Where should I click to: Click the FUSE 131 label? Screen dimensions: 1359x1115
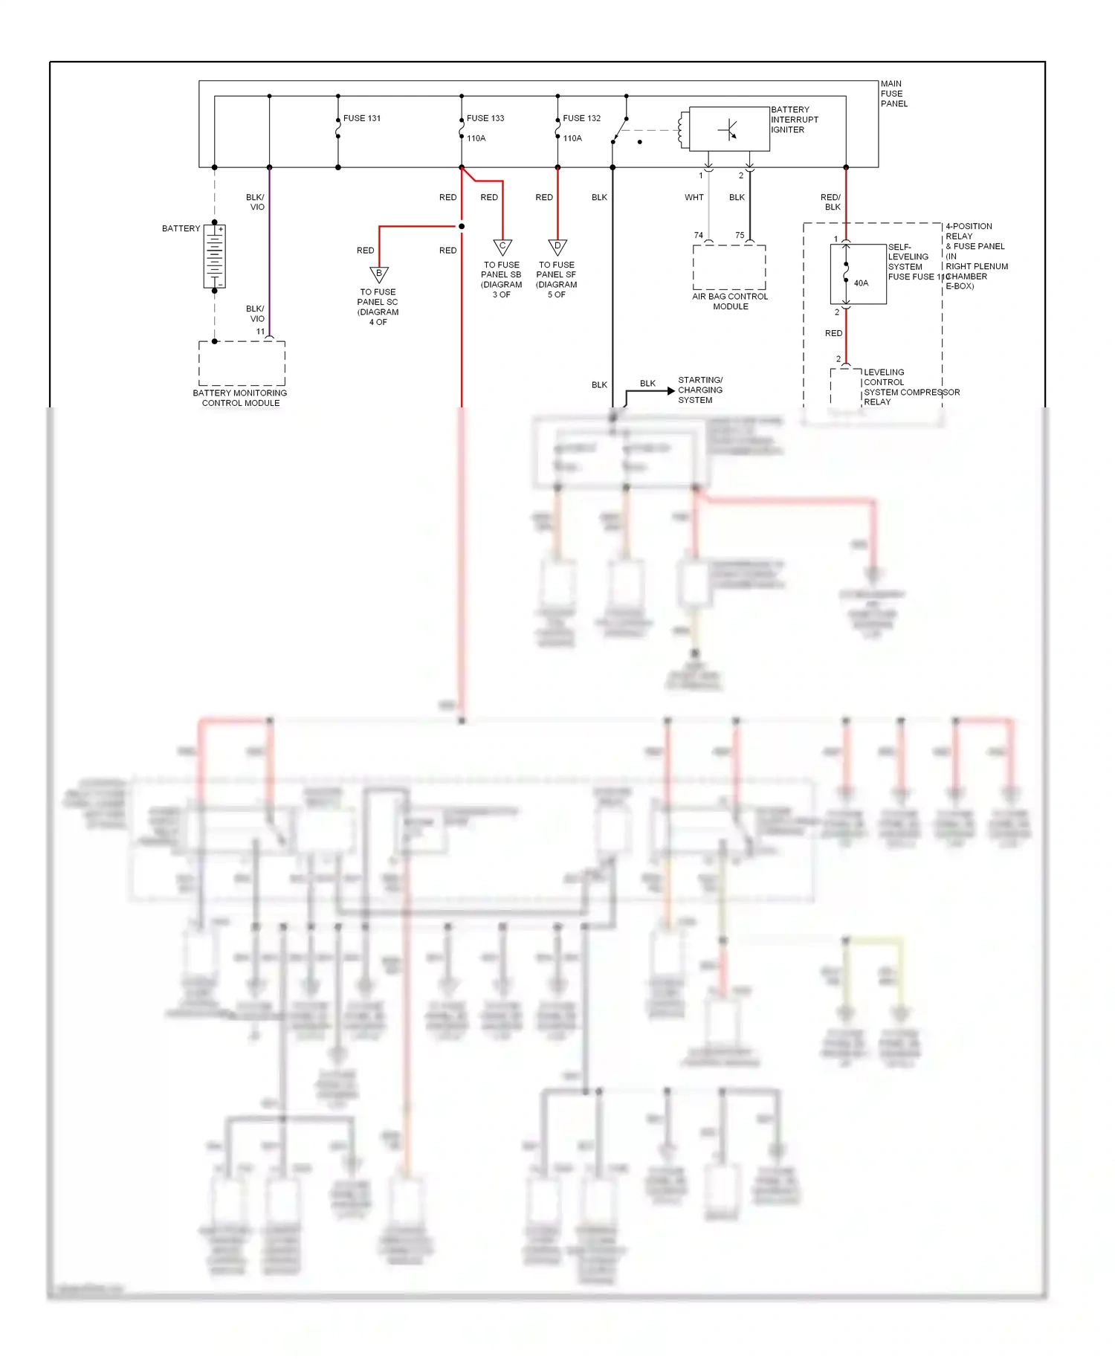point(362,118)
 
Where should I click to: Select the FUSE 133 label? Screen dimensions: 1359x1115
point(485,118)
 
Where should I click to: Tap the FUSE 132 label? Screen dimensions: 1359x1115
point(581,118)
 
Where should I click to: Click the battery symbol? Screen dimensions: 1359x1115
point(215,256)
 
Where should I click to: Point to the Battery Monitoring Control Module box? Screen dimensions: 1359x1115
point(242,364)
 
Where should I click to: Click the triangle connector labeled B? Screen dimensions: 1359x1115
point(379,274)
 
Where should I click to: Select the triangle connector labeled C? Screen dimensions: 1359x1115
point(502,247)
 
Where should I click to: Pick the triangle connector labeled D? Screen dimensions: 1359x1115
point(557,247)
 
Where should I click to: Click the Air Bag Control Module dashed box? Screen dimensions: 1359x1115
point(729,268)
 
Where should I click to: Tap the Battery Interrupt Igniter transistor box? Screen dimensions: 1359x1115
point(729,129)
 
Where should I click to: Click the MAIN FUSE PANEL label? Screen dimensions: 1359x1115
point(893,94)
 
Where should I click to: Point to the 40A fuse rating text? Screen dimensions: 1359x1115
point(861,283)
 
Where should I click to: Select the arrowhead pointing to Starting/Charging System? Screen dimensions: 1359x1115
point(671,390)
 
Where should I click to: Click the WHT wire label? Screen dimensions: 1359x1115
point(694,198)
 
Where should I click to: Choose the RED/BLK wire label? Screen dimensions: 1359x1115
point(831,202)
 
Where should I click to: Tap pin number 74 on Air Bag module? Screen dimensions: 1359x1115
point(698,235)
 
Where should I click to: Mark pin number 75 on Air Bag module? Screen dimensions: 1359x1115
point(740,235)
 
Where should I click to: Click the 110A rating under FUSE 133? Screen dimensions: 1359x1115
point(476,138)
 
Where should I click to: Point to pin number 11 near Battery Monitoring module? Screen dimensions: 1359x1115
point(260,332)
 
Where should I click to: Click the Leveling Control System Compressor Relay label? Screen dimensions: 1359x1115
point(911,387)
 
